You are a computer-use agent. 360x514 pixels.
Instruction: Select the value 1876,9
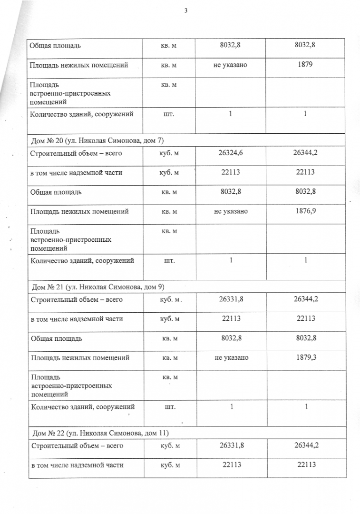pyautogui.click(x=305, y=211)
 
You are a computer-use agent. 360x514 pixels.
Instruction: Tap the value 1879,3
pyautogui.click(x=305, y=356)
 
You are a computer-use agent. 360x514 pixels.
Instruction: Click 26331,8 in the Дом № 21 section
pyautogui.click(x=231, y=300)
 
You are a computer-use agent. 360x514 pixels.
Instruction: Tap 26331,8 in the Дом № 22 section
pyautogui.click(x=231, y=446)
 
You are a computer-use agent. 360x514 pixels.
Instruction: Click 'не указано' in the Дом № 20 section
pyautogui.click(x=231, y=211)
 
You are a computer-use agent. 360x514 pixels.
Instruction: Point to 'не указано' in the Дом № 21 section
pyautogui.click(x=231, y=357)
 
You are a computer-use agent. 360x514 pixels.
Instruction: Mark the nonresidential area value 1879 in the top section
pyautogui.click(x=305, y=64)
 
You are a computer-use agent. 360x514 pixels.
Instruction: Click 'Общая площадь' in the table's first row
pyautogui.click(x=55, y=46)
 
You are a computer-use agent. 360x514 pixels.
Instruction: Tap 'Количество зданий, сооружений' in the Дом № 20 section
pyautogui.click(x=82, y=260)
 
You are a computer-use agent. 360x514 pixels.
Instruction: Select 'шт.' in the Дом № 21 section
pyautogui.click(x=170, y=407)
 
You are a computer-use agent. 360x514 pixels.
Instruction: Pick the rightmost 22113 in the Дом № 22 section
pyautogui.click(x=305, y=465)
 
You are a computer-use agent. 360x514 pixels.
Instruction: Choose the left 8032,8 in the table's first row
pyautogui.click(x=231, y=46)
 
